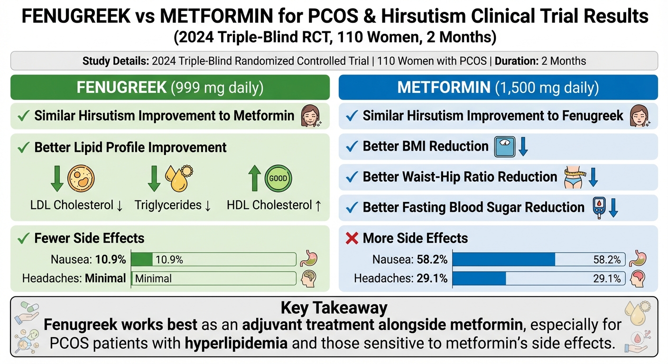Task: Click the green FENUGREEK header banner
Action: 170,88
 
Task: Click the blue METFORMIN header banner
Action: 498,88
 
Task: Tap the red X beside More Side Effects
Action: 352,238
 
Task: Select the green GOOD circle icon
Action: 278,179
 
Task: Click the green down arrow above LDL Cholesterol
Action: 57,179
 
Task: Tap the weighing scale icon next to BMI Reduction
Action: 504,147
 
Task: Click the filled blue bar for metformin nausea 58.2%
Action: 504,259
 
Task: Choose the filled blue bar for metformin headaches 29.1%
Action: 479,279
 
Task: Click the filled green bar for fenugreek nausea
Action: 141,259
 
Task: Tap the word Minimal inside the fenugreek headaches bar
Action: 153,279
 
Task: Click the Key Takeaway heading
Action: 334,308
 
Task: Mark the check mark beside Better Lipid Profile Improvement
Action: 23,147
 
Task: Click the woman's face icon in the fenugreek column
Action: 310,116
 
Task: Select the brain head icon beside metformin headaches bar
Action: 638,279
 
